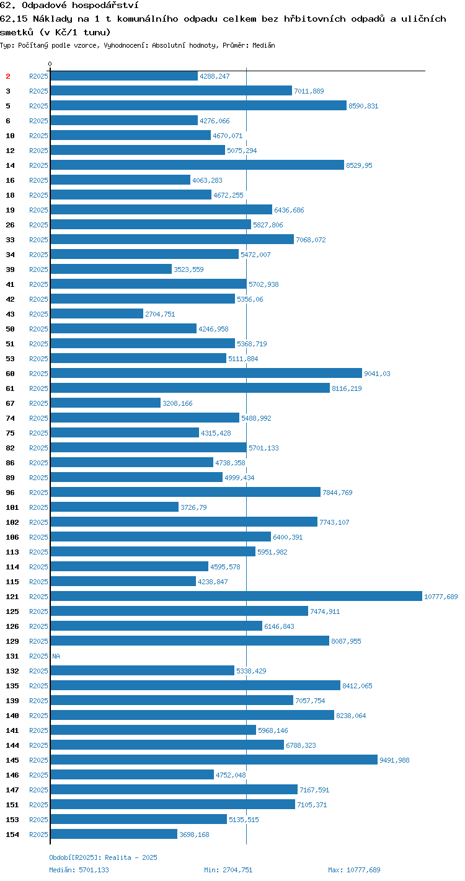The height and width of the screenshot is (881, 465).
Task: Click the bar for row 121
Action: pos(236,596)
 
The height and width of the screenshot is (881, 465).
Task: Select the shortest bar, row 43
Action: pos(97,313)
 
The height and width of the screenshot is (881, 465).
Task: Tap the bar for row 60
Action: pos(206,373)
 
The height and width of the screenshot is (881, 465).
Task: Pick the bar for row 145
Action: pos(214,760)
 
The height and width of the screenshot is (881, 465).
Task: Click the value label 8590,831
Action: pos(363,106)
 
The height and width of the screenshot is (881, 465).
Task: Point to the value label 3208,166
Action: pos(177,403)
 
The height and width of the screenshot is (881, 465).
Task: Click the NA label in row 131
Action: pos(56,656)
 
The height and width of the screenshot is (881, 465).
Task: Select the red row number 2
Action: pos(8,76)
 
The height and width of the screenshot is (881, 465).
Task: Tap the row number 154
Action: pos(12,834)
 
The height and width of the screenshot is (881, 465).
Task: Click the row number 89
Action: pos(11,478)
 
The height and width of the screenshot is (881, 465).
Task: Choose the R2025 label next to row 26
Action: pos(38,225)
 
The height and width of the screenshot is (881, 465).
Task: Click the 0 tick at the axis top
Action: pos(50,64)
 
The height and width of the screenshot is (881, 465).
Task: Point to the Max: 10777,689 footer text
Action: pos(355,870)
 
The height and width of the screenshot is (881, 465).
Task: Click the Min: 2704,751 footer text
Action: pos(228,870)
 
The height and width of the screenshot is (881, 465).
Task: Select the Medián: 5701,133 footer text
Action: pos(79,870)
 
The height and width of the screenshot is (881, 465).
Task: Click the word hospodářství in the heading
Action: pos(105,6)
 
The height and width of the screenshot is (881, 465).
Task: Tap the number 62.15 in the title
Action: pos(14,19)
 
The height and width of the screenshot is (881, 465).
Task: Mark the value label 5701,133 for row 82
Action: pos(263,447)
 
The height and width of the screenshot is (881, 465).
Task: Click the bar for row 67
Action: pos(105,403)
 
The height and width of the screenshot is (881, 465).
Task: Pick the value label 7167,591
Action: pos(314,790)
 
